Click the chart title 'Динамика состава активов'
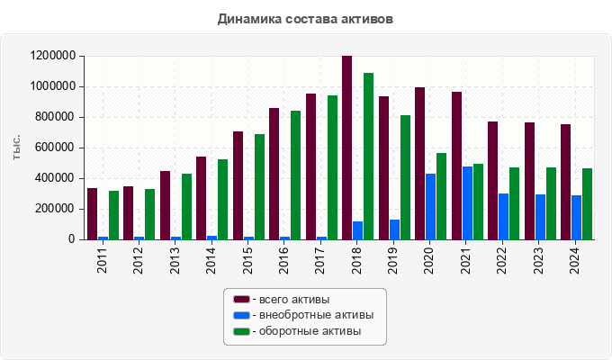point(305,18)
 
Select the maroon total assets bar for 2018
point(346,148)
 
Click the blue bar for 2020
point(431,206)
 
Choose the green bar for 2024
point(587,203)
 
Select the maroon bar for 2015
point(238,185)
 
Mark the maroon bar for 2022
point(492,180)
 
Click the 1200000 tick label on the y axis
point(51,56)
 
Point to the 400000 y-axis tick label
point(55,178)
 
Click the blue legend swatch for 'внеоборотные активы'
point(240,315)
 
